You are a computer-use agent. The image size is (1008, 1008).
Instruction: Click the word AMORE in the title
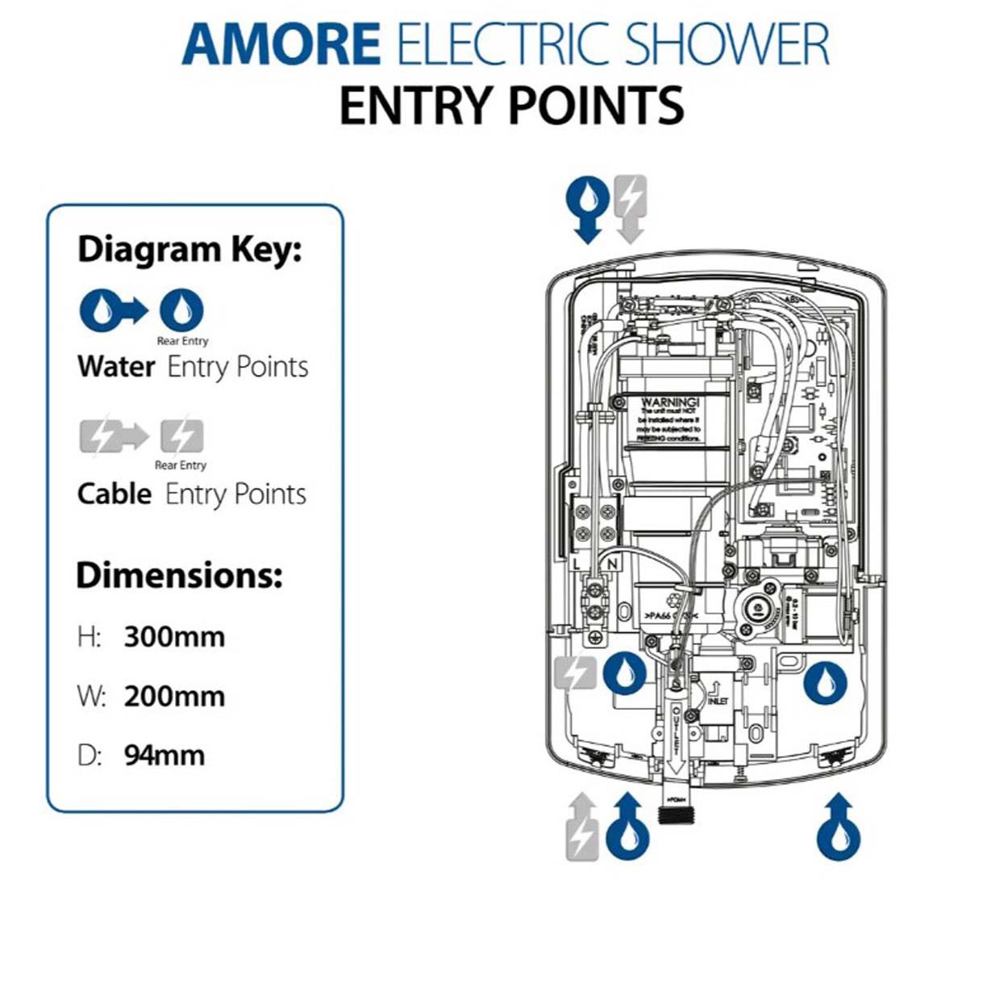tap(281, 45)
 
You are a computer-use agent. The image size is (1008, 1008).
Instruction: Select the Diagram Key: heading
tap(190, 250)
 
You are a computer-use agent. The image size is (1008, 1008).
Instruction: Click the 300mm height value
tap(174, 637)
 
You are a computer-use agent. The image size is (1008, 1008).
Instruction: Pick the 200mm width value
tap(174, 697)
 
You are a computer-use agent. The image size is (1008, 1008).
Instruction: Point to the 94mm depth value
tap(165, 756)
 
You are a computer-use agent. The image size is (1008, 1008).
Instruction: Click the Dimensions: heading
tap(179, 576)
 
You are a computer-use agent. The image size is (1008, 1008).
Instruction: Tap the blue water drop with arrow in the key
tap(112, 310)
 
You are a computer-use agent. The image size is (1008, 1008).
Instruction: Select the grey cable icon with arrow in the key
tap(113, 436)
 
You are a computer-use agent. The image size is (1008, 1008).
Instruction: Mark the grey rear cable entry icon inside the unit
tap(575, 674)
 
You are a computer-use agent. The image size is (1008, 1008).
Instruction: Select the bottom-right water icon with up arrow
tap(839, 828)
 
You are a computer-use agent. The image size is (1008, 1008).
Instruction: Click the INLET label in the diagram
tap(717, 702)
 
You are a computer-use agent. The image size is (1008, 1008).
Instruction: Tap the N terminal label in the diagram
tap(612, 564)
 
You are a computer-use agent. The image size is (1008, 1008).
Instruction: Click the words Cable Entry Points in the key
tap(192, 494)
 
